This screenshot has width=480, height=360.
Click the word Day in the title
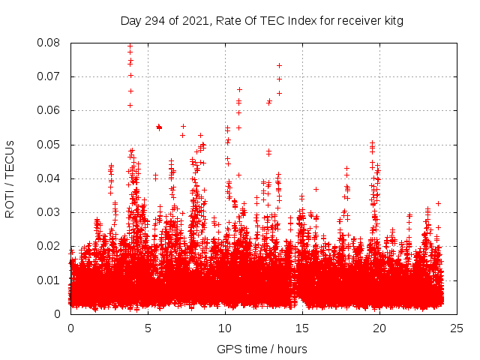[131, 21]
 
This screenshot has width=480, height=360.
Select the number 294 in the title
[155, 21]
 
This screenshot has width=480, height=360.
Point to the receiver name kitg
[392, 21]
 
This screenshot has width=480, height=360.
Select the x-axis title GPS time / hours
[262, 349]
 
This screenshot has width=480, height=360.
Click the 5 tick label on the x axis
[148, 328]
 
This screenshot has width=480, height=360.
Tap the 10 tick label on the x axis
[225, 328]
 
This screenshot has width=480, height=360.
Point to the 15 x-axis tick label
[302, 328]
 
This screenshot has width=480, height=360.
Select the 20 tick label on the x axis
[379, 328]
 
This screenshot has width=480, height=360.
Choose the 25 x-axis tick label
[457, 328]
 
